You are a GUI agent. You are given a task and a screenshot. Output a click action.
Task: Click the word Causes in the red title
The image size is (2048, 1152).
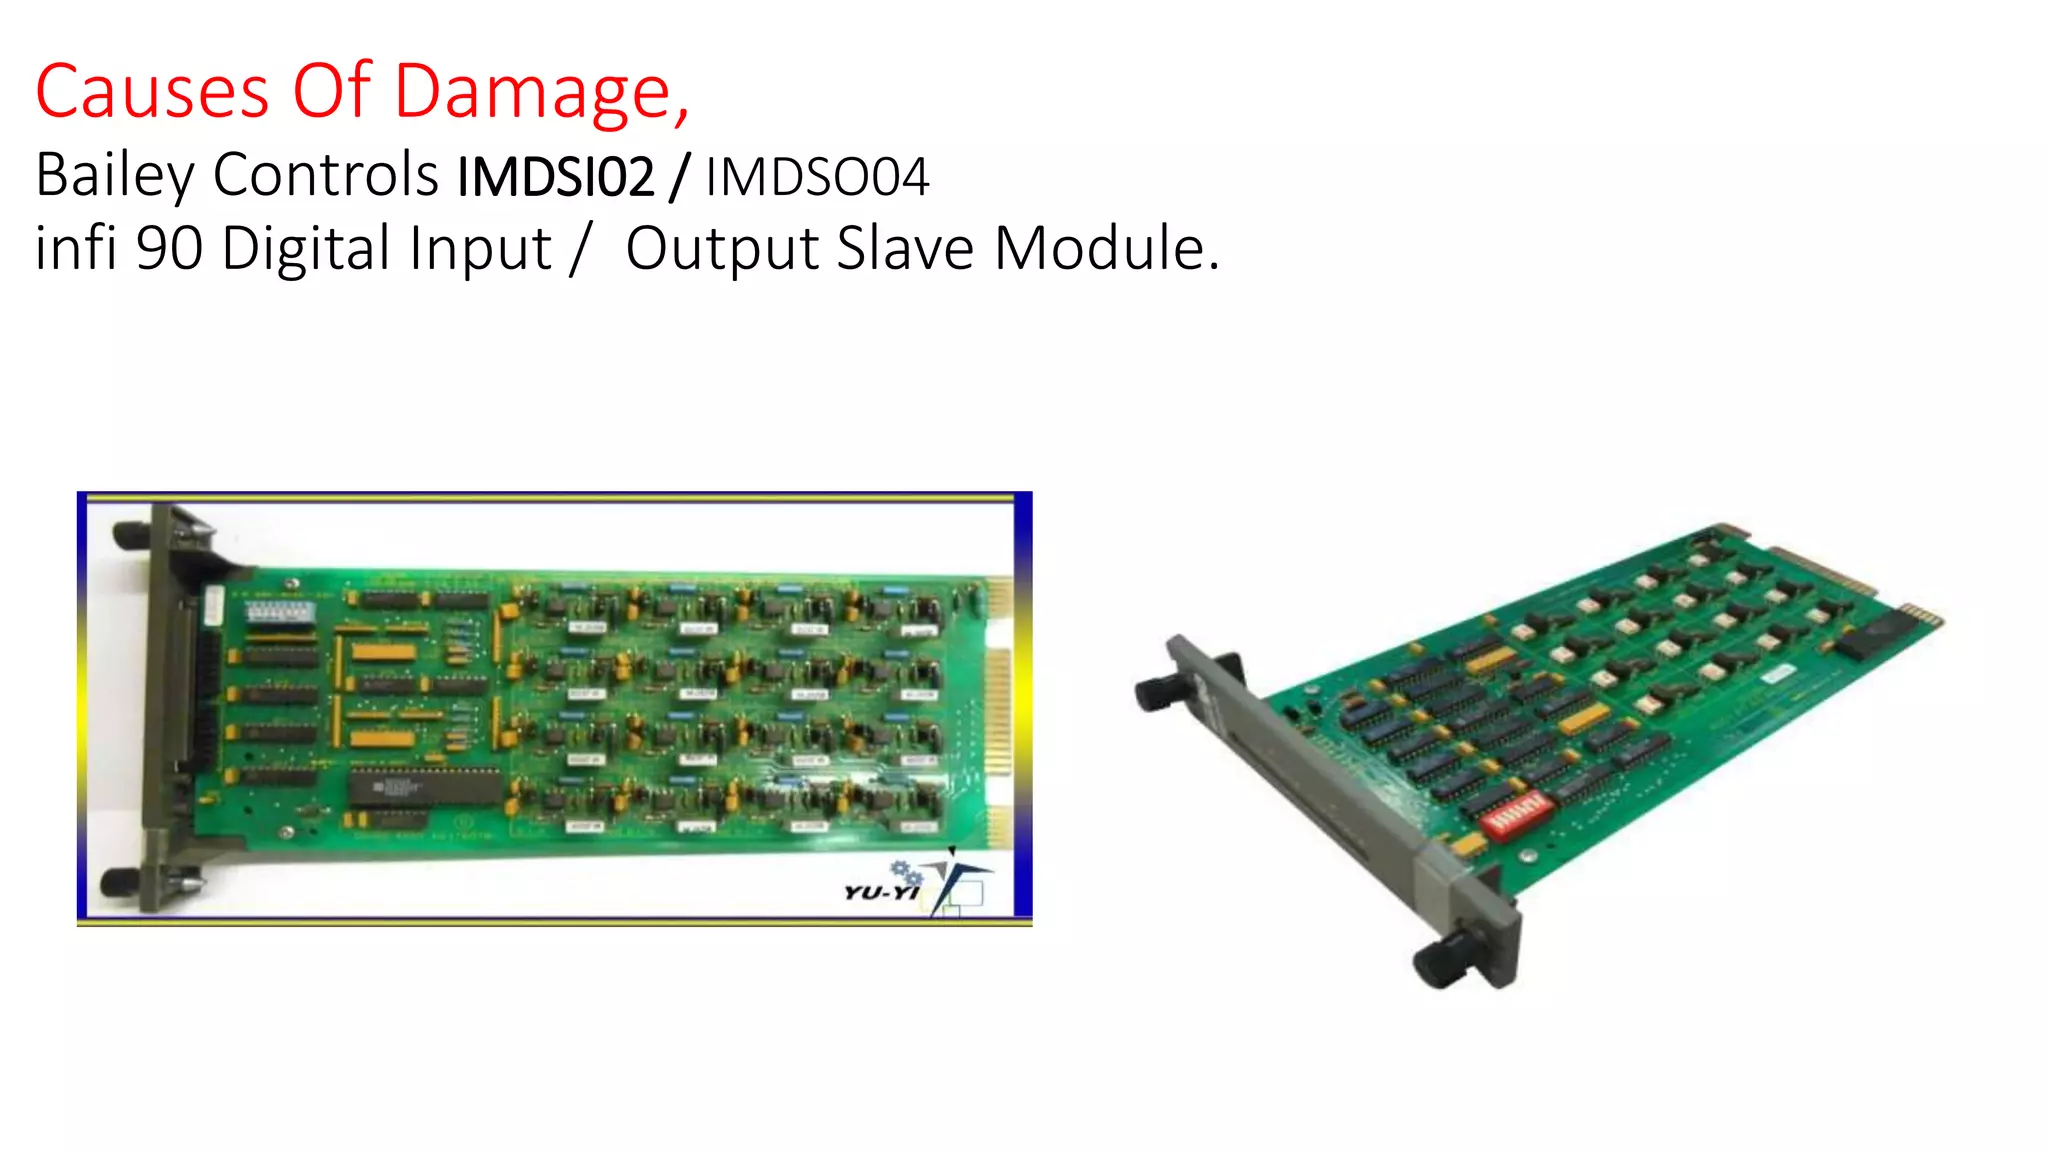pyautogui.click(x=152, y=91)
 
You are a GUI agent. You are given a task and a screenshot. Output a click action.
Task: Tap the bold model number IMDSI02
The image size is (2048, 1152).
pyautogui.click(x=556, y=177)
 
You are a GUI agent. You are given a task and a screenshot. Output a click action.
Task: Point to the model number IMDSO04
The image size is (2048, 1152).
pyautogui.click(x=817, y=177)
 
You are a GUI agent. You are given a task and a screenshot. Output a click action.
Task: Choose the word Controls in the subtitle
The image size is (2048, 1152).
pyautogui.click(x=326, y=174)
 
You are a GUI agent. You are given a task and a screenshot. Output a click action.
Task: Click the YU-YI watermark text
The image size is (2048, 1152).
pyautogui.click(x=880, y=891)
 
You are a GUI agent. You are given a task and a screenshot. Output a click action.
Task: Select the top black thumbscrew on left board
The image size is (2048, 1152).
pyautogui.click(x=131, y=535)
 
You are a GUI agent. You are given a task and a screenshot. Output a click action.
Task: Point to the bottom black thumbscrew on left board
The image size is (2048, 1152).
pyautogui.click(x=119, y=883)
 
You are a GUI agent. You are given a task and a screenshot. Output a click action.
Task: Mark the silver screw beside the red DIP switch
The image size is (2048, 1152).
pyautogui.click(x=1528, y=857)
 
